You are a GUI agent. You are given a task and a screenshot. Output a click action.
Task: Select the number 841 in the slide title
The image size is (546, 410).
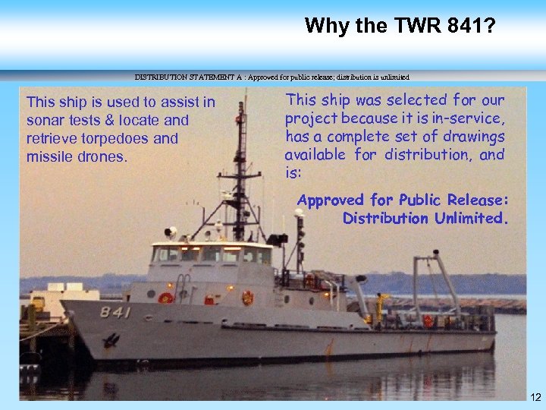[453, 26]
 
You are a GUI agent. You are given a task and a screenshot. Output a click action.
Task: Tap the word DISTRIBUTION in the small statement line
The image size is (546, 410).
[161, 77]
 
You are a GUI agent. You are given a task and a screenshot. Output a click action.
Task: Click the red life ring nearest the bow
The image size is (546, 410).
[165, 298]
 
